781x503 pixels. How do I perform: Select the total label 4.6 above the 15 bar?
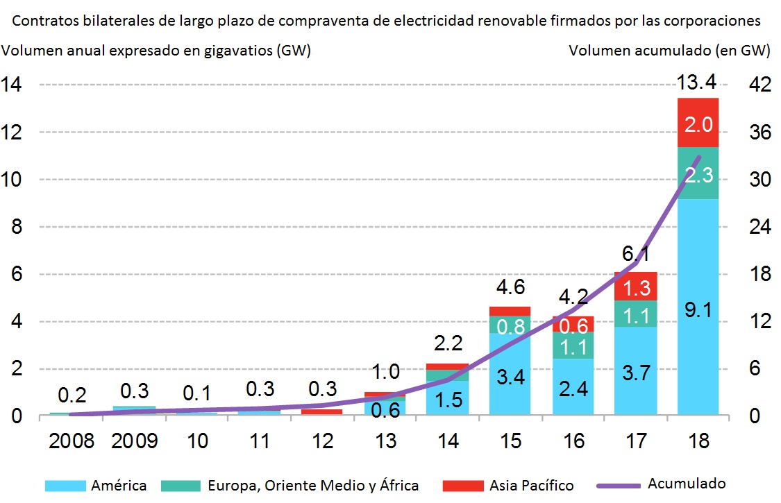[510, 287]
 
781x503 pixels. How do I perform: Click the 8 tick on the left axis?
[15, 228]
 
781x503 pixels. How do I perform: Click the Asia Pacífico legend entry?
[528, 485]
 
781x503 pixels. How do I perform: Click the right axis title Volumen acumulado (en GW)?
[670, 50]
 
